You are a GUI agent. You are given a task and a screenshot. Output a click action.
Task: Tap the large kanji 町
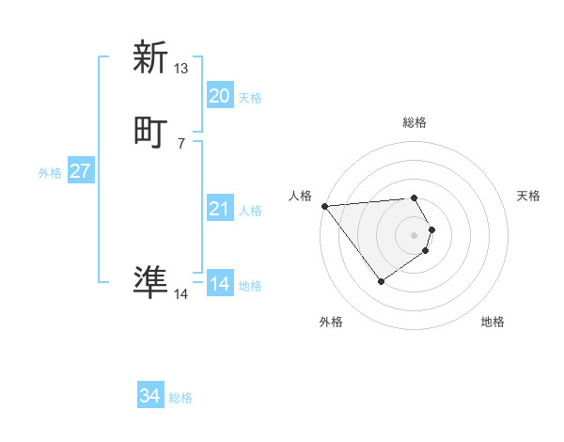click(150, 132)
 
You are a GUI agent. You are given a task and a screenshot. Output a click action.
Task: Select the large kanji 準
click(150, 281)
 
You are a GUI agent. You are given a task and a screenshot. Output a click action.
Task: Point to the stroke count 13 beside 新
click(181, 69)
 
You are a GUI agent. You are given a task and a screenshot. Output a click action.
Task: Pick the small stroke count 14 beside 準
click(181, 294)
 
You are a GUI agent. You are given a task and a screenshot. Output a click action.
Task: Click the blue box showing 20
click(219, 96)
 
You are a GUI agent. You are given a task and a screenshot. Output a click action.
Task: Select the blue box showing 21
click(219, 209)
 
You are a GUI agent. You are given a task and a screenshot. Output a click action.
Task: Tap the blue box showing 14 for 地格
click(219, 284)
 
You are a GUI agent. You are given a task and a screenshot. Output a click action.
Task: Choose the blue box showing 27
click(80, 171)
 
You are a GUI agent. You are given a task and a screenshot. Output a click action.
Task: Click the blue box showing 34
click(149, 396)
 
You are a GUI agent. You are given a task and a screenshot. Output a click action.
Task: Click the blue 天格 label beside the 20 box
click(250, 98)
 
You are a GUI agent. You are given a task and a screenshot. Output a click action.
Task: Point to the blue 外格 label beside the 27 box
click(50, 173)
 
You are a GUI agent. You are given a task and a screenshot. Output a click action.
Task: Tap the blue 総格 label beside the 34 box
click(180, 398)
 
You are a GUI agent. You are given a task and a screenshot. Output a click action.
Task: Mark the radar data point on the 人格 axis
click(323, 206)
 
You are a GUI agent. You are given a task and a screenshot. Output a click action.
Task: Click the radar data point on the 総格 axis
click(414, 197)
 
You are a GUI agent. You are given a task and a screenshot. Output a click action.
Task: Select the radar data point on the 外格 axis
click(381, 281)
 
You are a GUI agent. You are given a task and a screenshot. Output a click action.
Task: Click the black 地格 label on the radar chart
click(493, 322)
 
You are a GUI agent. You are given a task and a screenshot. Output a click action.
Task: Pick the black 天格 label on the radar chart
click(528, 196)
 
